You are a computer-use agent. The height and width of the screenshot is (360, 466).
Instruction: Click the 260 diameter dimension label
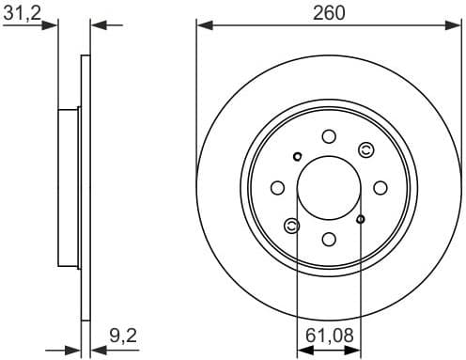pyautogui.click(x=330, y=12)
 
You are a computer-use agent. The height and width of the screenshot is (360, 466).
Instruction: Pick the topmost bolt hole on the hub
pyautogui.click(x=329, y=135)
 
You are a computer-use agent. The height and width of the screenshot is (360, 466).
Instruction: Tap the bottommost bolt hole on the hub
pyautogui.click(x=329, y=239)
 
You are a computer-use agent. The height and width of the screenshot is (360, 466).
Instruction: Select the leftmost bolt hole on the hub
pyautogui.click(x=278, y=187)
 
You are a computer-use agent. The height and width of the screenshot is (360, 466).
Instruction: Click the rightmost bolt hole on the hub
pyautogui.click(x=381, y=187)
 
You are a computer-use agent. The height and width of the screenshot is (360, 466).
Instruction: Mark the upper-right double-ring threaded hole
pyautogui.click(x=366, y=149)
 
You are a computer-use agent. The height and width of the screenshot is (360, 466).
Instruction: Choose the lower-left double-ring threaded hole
pyautogui.click(x=292, y=225)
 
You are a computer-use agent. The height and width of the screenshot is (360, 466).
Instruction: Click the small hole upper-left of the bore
pyautogui.click(x=297, y=156)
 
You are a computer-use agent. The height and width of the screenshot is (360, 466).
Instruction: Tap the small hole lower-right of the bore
pyautogui.click(x=362, y=219)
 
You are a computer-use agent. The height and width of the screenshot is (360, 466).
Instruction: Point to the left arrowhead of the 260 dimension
pyautogui.click(x=201, y=25)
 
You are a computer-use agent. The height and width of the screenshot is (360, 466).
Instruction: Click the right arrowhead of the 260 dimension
pyautogui.click(x=458, y=25)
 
